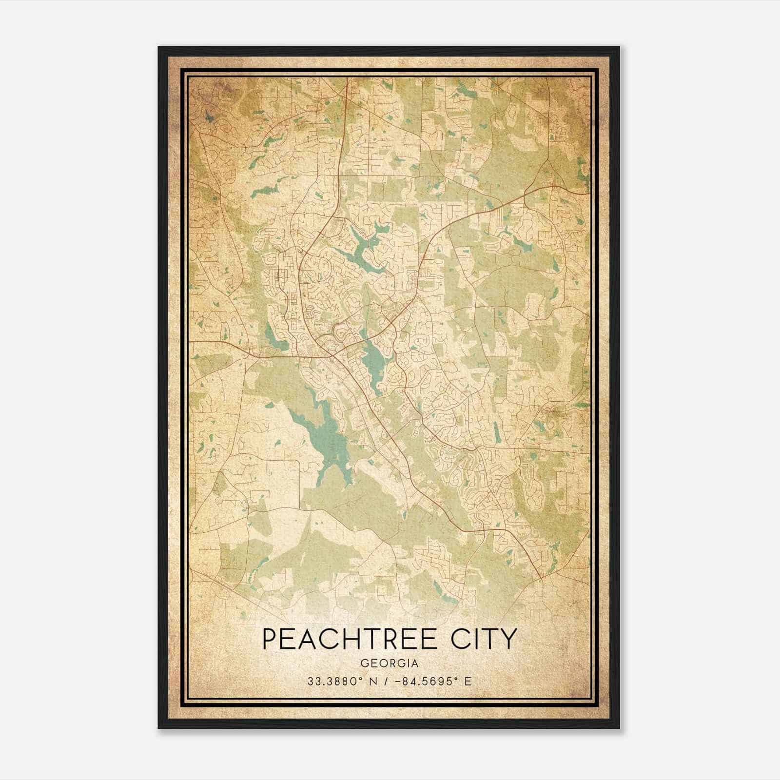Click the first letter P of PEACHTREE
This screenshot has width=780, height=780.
(x=269, y=639)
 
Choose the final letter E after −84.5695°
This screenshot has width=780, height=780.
(x=468, y=681)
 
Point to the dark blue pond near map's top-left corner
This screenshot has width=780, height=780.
(x=209, y=117)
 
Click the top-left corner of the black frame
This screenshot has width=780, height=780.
(x=159, y=47)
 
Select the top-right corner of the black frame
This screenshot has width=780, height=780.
(x=619, y=47)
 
